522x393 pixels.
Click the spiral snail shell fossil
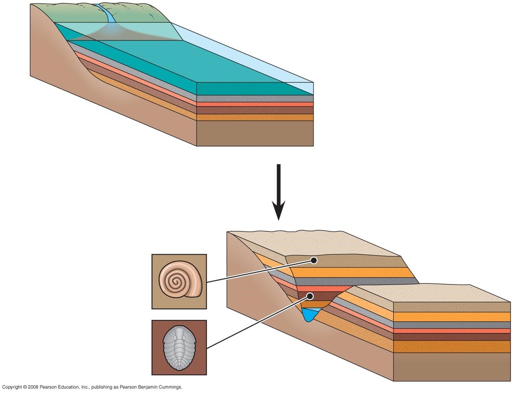click(180, 280)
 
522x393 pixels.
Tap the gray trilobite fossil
click(180, 348)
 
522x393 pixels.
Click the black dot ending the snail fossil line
click(313, 260)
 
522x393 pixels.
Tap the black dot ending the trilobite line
click(310, 296)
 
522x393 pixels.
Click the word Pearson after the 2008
click(49, 387)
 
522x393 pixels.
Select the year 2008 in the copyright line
click(33, 387)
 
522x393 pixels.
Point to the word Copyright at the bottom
click(12, 387)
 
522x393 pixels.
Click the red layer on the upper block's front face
click(255, 104)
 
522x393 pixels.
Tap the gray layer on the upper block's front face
click(255, 99)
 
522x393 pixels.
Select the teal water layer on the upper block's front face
click(255, 89)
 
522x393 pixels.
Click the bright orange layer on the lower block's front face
click(452, 317)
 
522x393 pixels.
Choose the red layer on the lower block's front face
click(452, 331)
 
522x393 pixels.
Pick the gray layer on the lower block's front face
click(452, 325)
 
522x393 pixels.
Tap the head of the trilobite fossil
click(179, 335)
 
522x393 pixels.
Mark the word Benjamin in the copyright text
click(152, 387)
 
